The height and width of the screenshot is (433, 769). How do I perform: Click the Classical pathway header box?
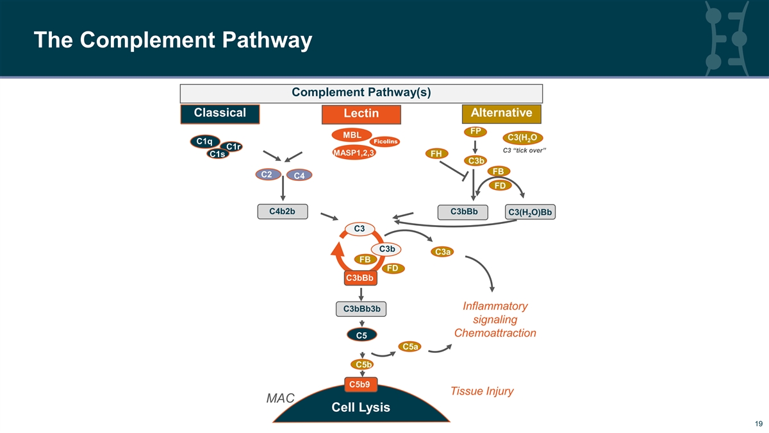click(220, 114)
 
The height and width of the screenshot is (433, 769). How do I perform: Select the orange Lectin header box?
click(361, 114)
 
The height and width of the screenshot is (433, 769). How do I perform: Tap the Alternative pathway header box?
click(501, 114)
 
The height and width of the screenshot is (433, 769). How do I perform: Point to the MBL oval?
click(351, 135)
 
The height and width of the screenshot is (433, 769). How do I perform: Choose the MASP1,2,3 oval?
click(354, 153)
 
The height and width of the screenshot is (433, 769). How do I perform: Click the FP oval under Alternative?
click(475, 132)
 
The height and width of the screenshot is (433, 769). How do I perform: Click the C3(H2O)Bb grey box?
click(530, 213)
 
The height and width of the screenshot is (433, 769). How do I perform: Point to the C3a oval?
click(443, 252)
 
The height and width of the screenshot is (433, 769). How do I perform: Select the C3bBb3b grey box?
click(361, 309)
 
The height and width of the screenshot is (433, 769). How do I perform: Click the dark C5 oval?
click(361, 335)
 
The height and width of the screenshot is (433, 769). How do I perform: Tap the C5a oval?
click(410, 347)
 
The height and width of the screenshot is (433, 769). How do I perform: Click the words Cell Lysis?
click(360, 408)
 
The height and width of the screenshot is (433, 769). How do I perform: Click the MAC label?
click(280, 399)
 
